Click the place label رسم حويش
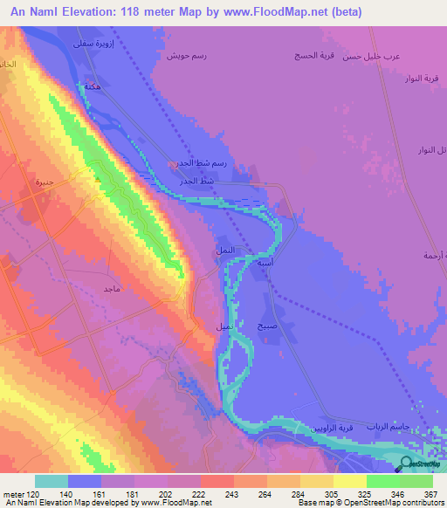(x=185, y=55)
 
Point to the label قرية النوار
(x=420, y=78)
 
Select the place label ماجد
(x=111, y=288)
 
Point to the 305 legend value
(x=316, y=494)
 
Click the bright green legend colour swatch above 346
(x=382, y=481)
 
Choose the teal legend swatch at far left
(x=52, y=481)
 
